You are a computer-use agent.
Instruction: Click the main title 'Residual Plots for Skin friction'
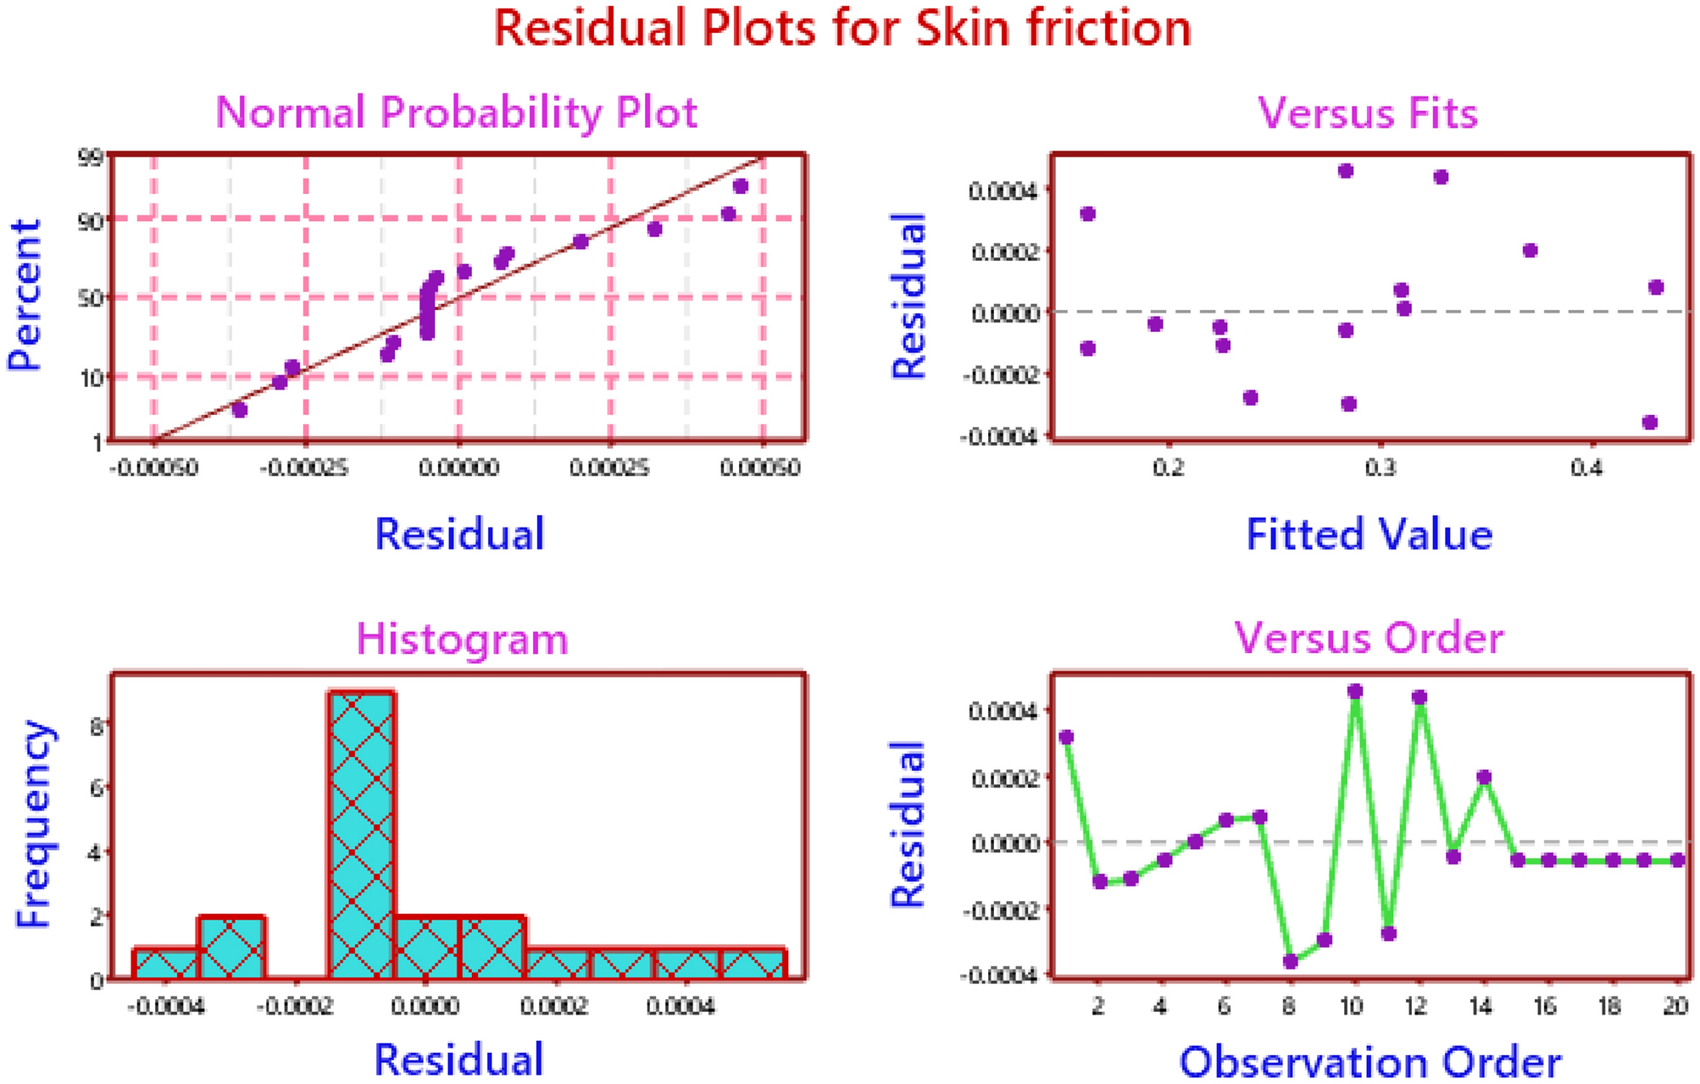point(842,29)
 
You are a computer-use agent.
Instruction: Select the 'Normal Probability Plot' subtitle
point(456,113)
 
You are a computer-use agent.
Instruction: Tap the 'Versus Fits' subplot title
point(1367,113)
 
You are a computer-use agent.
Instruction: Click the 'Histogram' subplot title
point(462,639)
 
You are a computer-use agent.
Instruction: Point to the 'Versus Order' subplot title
point(1368,638)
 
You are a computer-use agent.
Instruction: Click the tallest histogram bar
point(362,834)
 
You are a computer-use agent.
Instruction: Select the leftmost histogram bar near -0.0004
point(166,964)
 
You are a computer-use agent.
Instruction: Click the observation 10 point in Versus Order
point(1355,692)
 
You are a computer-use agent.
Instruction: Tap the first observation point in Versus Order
point(1066,738)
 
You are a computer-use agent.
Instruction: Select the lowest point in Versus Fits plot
point(1649,423)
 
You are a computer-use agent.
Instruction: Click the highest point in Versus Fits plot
point(1346,171)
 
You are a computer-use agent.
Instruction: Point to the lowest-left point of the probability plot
point(240,410)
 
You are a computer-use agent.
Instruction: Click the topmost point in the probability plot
point(741,186)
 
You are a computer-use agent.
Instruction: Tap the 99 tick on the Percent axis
point(90,157)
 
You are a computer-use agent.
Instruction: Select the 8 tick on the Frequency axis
point(97,725)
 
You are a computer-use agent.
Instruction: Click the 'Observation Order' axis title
point(1369,1062)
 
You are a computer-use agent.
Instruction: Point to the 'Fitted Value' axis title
point(1369,535)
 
